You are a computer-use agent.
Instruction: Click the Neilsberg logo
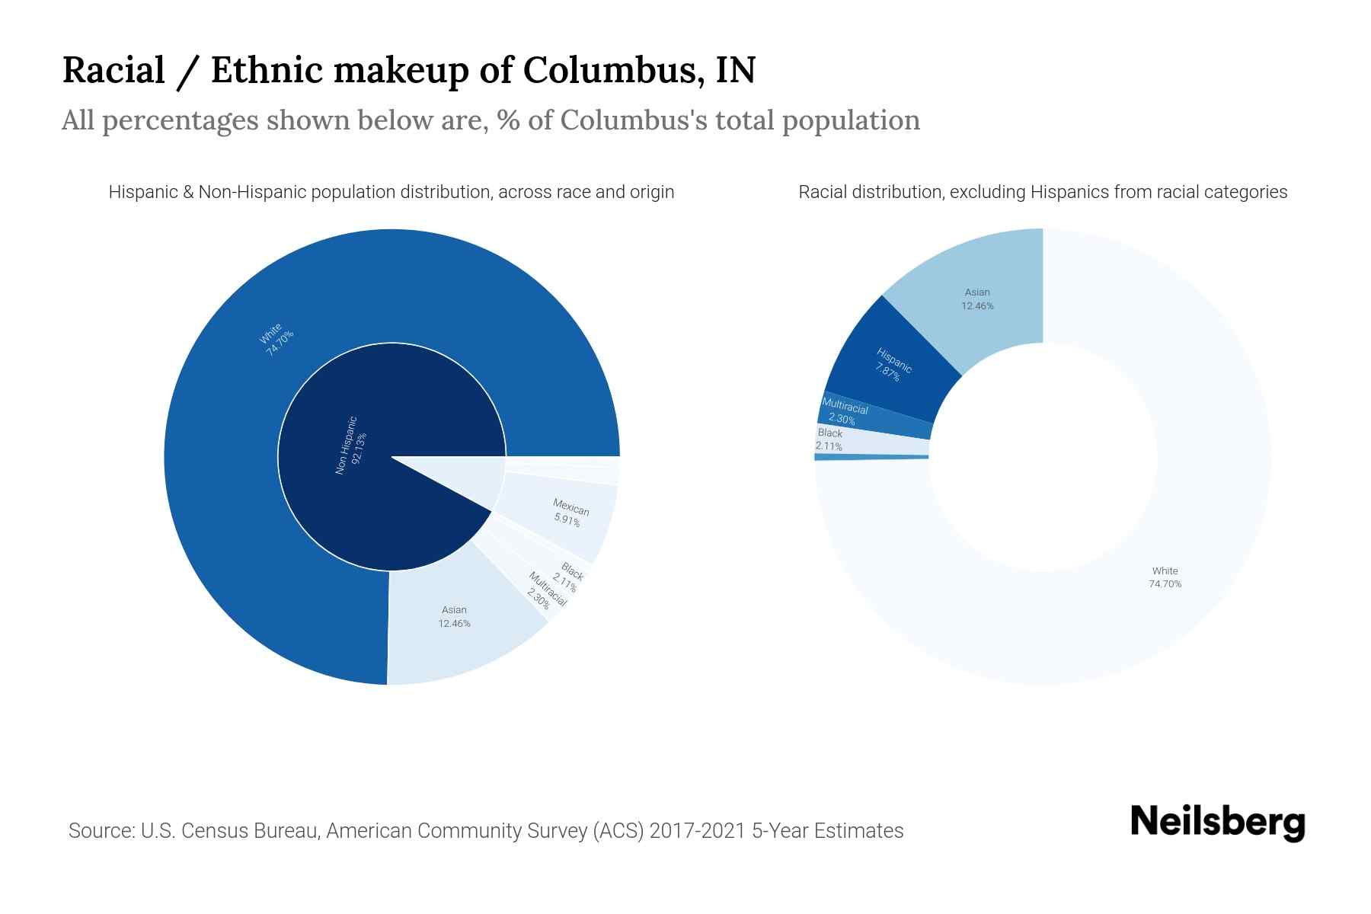(x=1217, y=823)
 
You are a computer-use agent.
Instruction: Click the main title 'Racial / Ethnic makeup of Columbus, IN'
(x=408, y=70)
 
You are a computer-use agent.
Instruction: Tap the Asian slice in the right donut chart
(x=978, y=299)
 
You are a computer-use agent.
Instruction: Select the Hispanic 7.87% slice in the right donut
(x=892, y=365)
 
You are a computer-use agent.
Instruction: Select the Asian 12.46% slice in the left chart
(x=455, y=616)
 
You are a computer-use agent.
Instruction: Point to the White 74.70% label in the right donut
(x=1165, y=577)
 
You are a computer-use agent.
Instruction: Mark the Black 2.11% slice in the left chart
(x=569, y=577)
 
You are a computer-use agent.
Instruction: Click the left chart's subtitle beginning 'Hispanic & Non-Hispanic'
(x=391, y=192)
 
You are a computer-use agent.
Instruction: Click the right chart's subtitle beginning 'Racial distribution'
(x=1043, y=192)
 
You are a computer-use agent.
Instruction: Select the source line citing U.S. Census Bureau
(x=486, y=830)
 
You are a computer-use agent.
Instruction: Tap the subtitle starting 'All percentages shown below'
(x=491, y=120)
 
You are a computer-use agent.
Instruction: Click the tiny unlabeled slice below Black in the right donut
(x=871, y=457)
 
